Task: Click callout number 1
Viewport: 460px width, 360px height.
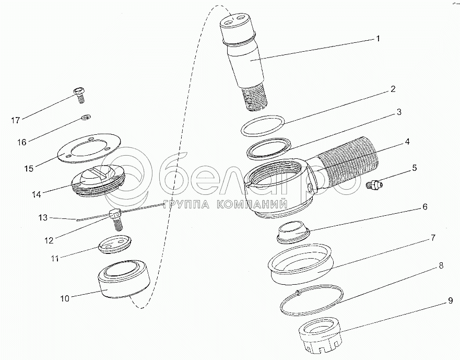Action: (x=378, y=39)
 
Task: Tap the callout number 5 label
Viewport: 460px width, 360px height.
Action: (x=414, y=168)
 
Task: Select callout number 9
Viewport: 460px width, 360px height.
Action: (x=451, y=301)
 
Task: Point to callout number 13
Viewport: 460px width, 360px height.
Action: (x=43, y=217)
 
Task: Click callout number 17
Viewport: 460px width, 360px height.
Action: (x=16, y=120)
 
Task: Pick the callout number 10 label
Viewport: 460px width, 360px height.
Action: (x=65, y=299)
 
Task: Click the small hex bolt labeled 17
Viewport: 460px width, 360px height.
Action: (x=79, y=95)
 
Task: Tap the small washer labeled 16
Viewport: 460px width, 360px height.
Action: (x=86, y=118)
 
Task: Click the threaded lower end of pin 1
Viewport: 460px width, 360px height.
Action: (x=255, y=98)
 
